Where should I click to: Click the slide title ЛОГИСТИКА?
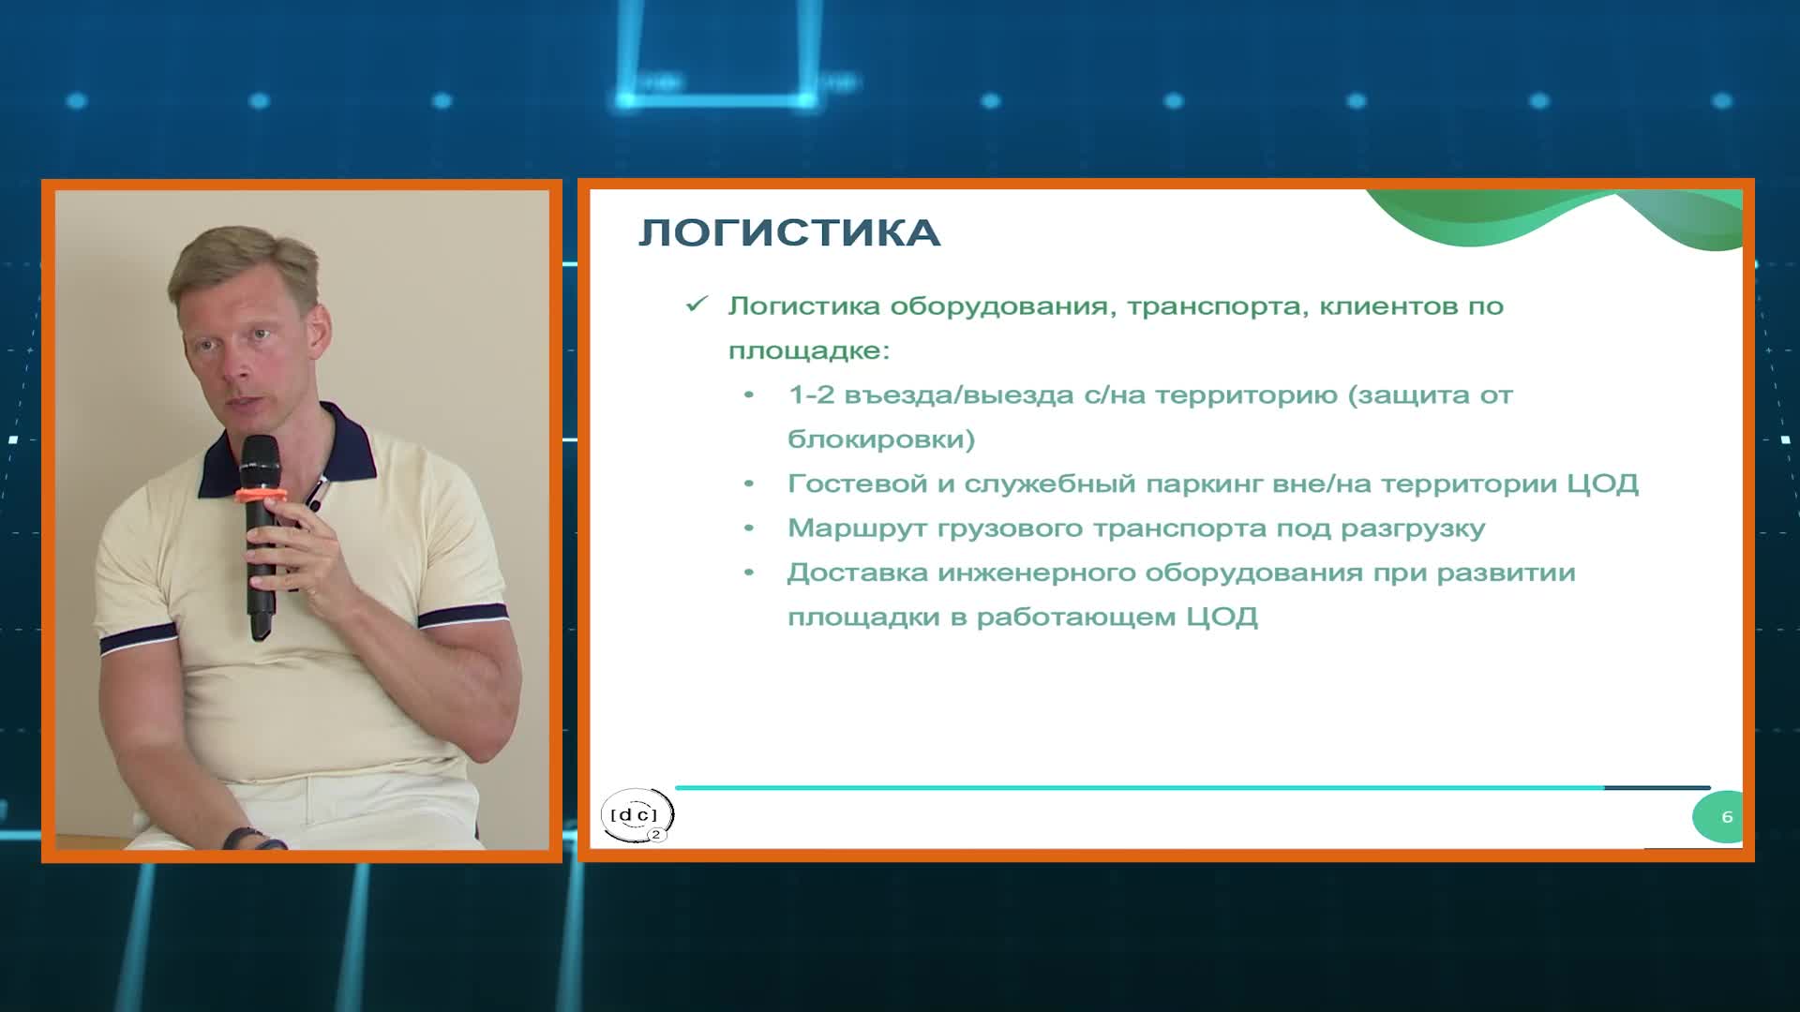pyautogui.click(x=788, y=233)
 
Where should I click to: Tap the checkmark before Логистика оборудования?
pyautogui.click(x=697, y=305)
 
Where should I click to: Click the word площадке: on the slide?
pyautogui.click(x=808, y=351)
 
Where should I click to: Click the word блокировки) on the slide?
pyautogui.click(x=881, y=439)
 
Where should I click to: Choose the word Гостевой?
pyautogui.click(x=857, y=484)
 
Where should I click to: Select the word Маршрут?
pyautogui.click(x=856, y=528)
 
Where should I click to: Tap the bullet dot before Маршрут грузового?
pyautogui.click(x=749, y=528)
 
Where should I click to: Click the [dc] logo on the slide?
pyautogui.click(x=637, y=815)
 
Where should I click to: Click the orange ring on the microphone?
pyautogui.click(x=260, y=495)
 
